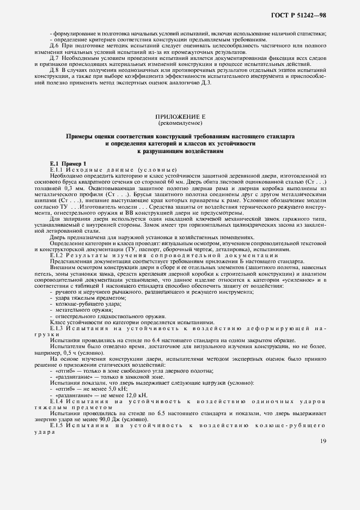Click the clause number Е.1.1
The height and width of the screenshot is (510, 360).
pos(58,169)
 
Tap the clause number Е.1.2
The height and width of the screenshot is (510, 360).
pos(58,255)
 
